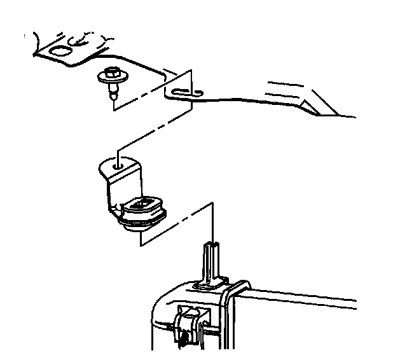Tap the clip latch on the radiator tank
[x=188, y=324]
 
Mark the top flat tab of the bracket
[x=121, y=167]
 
